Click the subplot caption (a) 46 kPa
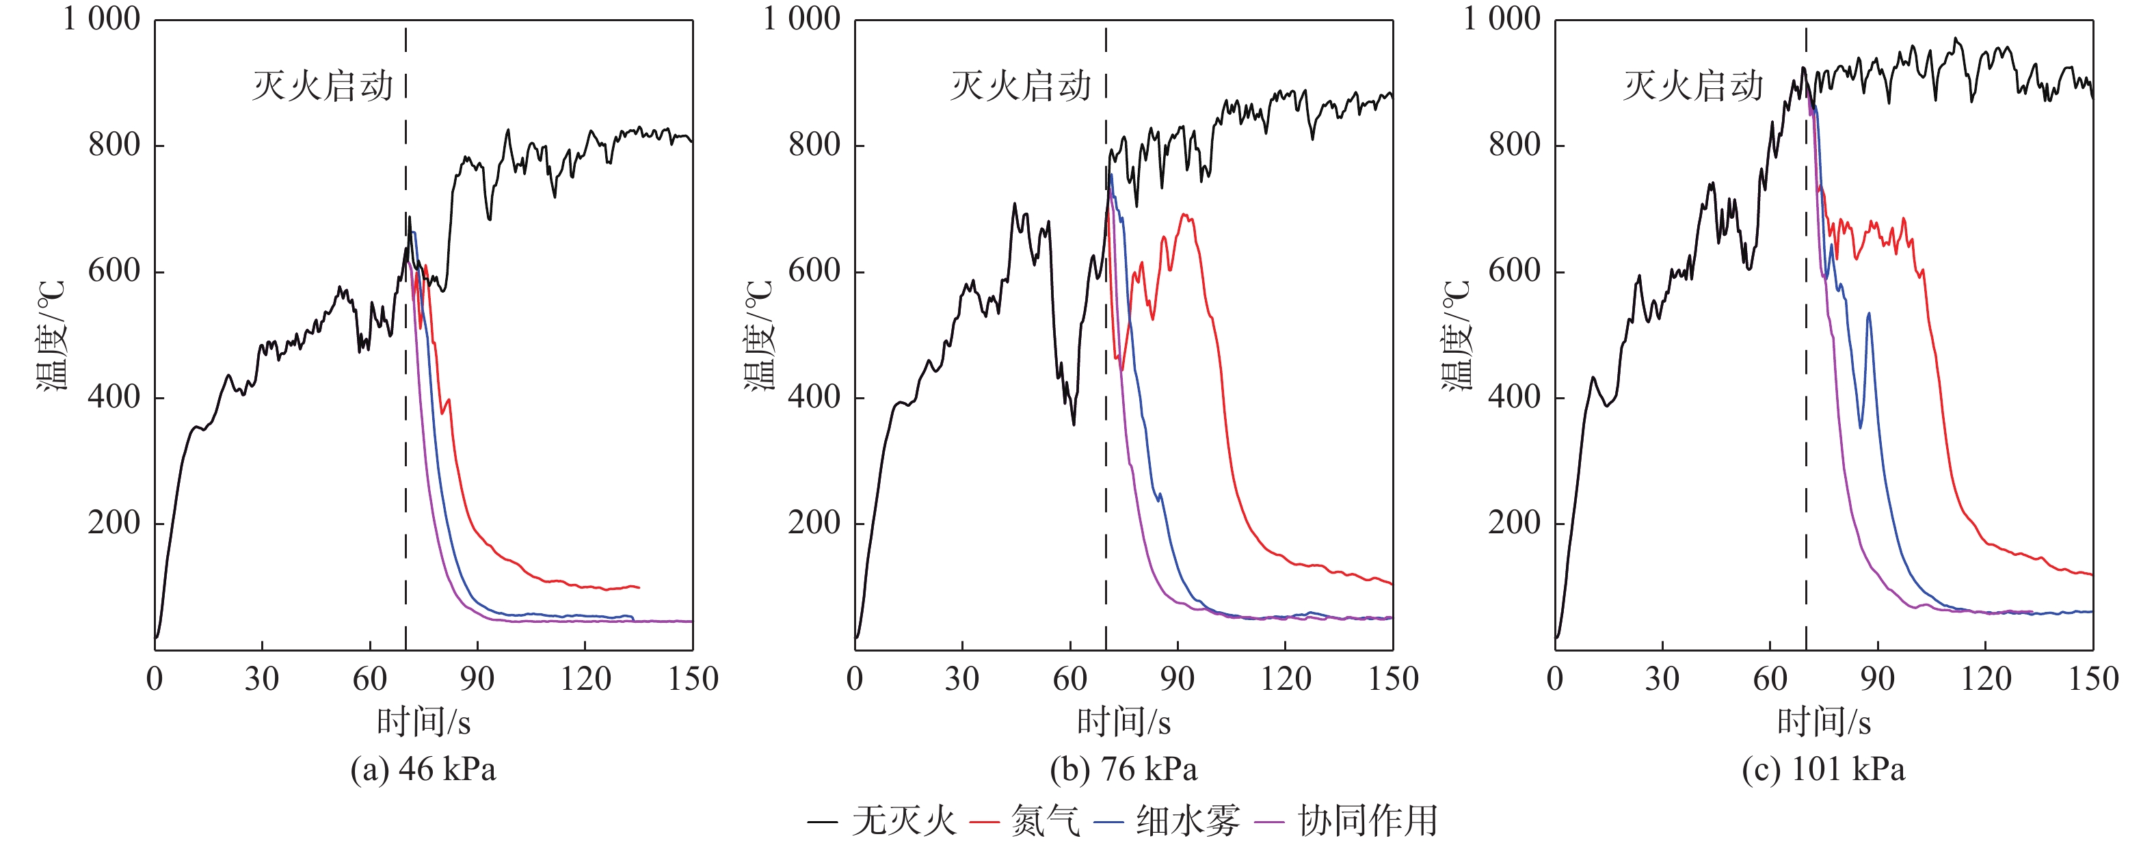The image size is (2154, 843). [x=423, y=769]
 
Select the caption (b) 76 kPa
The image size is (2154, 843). [x=1123, y=769]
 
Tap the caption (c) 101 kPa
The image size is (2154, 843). [x=1823, y=769]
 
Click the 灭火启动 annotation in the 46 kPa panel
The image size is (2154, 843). [x=323, y=86]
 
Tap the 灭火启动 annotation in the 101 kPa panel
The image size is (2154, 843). [x=1693, y=86]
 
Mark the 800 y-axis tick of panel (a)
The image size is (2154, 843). [x=115, y=146]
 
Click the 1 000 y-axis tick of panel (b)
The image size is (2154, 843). [x=801, y=19]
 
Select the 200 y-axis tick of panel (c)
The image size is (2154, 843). [x=1515, y=523]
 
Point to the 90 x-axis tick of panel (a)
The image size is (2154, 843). [x=477, y=678]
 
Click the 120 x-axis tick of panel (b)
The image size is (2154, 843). [x=1285, y=678]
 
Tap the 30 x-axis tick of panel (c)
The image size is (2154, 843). [x=1662, y=678]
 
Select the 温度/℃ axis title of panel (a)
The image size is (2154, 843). [x=51, y=334]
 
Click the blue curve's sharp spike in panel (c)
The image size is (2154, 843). [x=1869, y=315]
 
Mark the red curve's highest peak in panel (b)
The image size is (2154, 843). [x=1184, y=215]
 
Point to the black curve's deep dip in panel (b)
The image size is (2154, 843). [x=1074, y=423]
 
